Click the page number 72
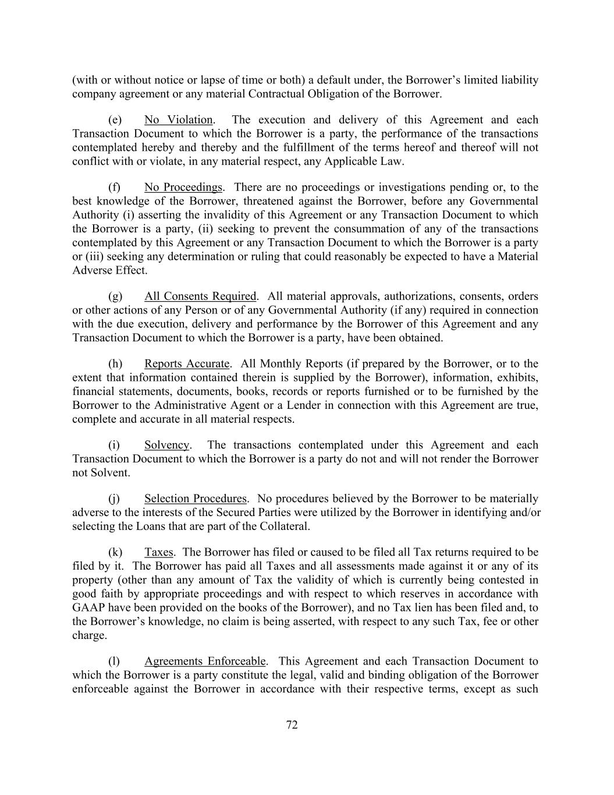pos(292,725)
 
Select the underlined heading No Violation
pos(178,120)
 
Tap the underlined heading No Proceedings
pos(183,188)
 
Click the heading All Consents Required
pos(200,296)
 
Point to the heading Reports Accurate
pos(187,364)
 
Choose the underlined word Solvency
pos(166,445)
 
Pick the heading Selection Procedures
pos(196,499)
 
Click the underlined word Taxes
pos(158,552)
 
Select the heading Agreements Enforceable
pos(205,662)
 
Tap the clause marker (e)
pos(115,120)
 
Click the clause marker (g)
pos(115,296)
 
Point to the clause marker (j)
pos(115,499)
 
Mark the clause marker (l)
pos(115,662)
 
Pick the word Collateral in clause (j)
pos(283,527)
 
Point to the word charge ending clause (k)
pos(88,635)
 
